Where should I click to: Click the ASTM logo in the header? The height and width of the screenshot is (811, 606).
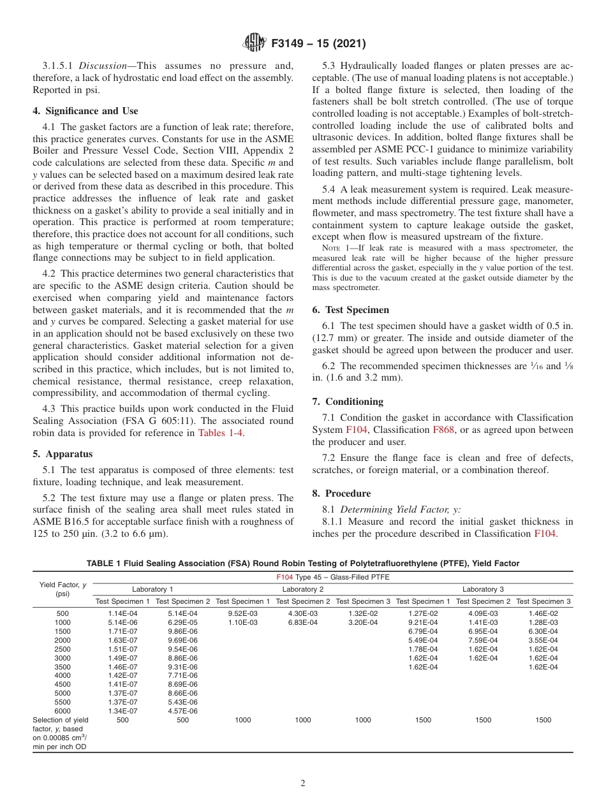[x=255, y=44]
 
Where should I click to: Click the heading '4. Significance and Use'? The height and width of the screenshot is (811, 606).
[x=85, y=111]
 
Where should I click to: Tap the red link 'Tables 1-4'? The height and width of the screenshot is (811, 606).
[x=221, y=434]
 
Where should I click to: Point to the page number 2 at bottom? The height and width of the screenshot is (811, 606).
[x=303, y=784]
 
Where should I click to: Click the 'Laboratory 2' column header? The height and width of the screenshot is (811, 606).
[x=303, y=589]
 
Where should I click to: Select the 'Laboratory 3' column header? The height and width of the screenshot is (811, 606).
[x=483, y=589]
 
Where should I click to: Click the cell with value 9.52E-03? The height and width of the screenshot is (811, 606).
[x=242, y=613]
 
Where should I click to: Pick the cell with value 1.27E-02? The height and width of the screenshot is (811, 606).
[x=423, y=613]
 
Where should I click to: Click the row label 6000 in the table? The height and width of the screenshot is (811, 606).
[x=63, y=711]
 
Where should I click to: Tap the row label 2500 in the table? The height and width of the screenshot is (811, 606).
[x=63, y=649]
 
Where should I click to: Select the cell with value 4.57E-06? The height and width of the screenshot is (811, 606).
[x=182, y=711]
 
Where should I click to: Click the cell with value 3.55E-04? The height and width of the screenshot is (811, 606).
[x=543, y=640]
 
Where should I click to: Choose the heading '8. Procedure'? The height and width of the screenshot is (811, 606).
[x=341, y=493]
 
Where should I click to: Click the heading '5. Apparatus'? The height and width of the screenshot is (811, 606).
[x=62, y=454]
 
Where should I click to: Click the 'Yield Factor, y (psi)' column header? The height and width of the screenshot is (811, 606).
[x=63, y=589]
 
